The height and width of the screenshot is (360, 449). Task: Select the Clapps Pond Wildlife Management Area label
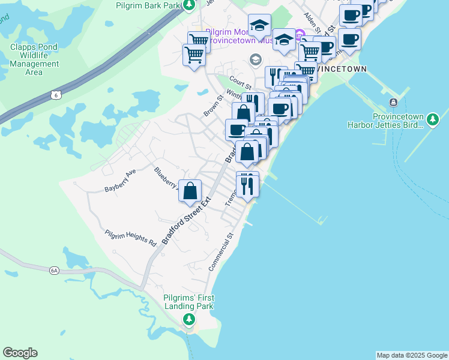tap(34, 59)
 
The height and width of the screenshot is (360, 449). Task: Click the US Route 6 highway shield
tap(56, 95)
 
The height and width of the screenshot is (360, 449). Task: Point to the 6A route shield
tap(55, 271)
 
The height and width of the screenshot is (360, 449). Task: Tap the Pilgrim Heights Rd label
tap(130, 238)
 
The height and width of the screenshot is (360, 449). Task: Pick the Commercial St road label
tap(220, 252)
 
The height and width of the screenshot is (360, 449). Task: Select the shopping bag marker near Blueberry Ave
tap(190, 191)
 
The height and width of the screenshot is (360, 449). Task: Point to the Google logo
tap(20, 353)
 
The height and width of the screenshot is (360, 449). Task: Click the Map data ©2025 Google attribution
tap(412, 355)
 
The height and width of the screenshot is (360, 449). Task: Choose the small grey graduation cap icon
tap(255, 59)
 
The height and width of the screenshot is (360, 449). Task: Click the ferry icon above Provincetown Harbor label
tap(394, 102)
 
